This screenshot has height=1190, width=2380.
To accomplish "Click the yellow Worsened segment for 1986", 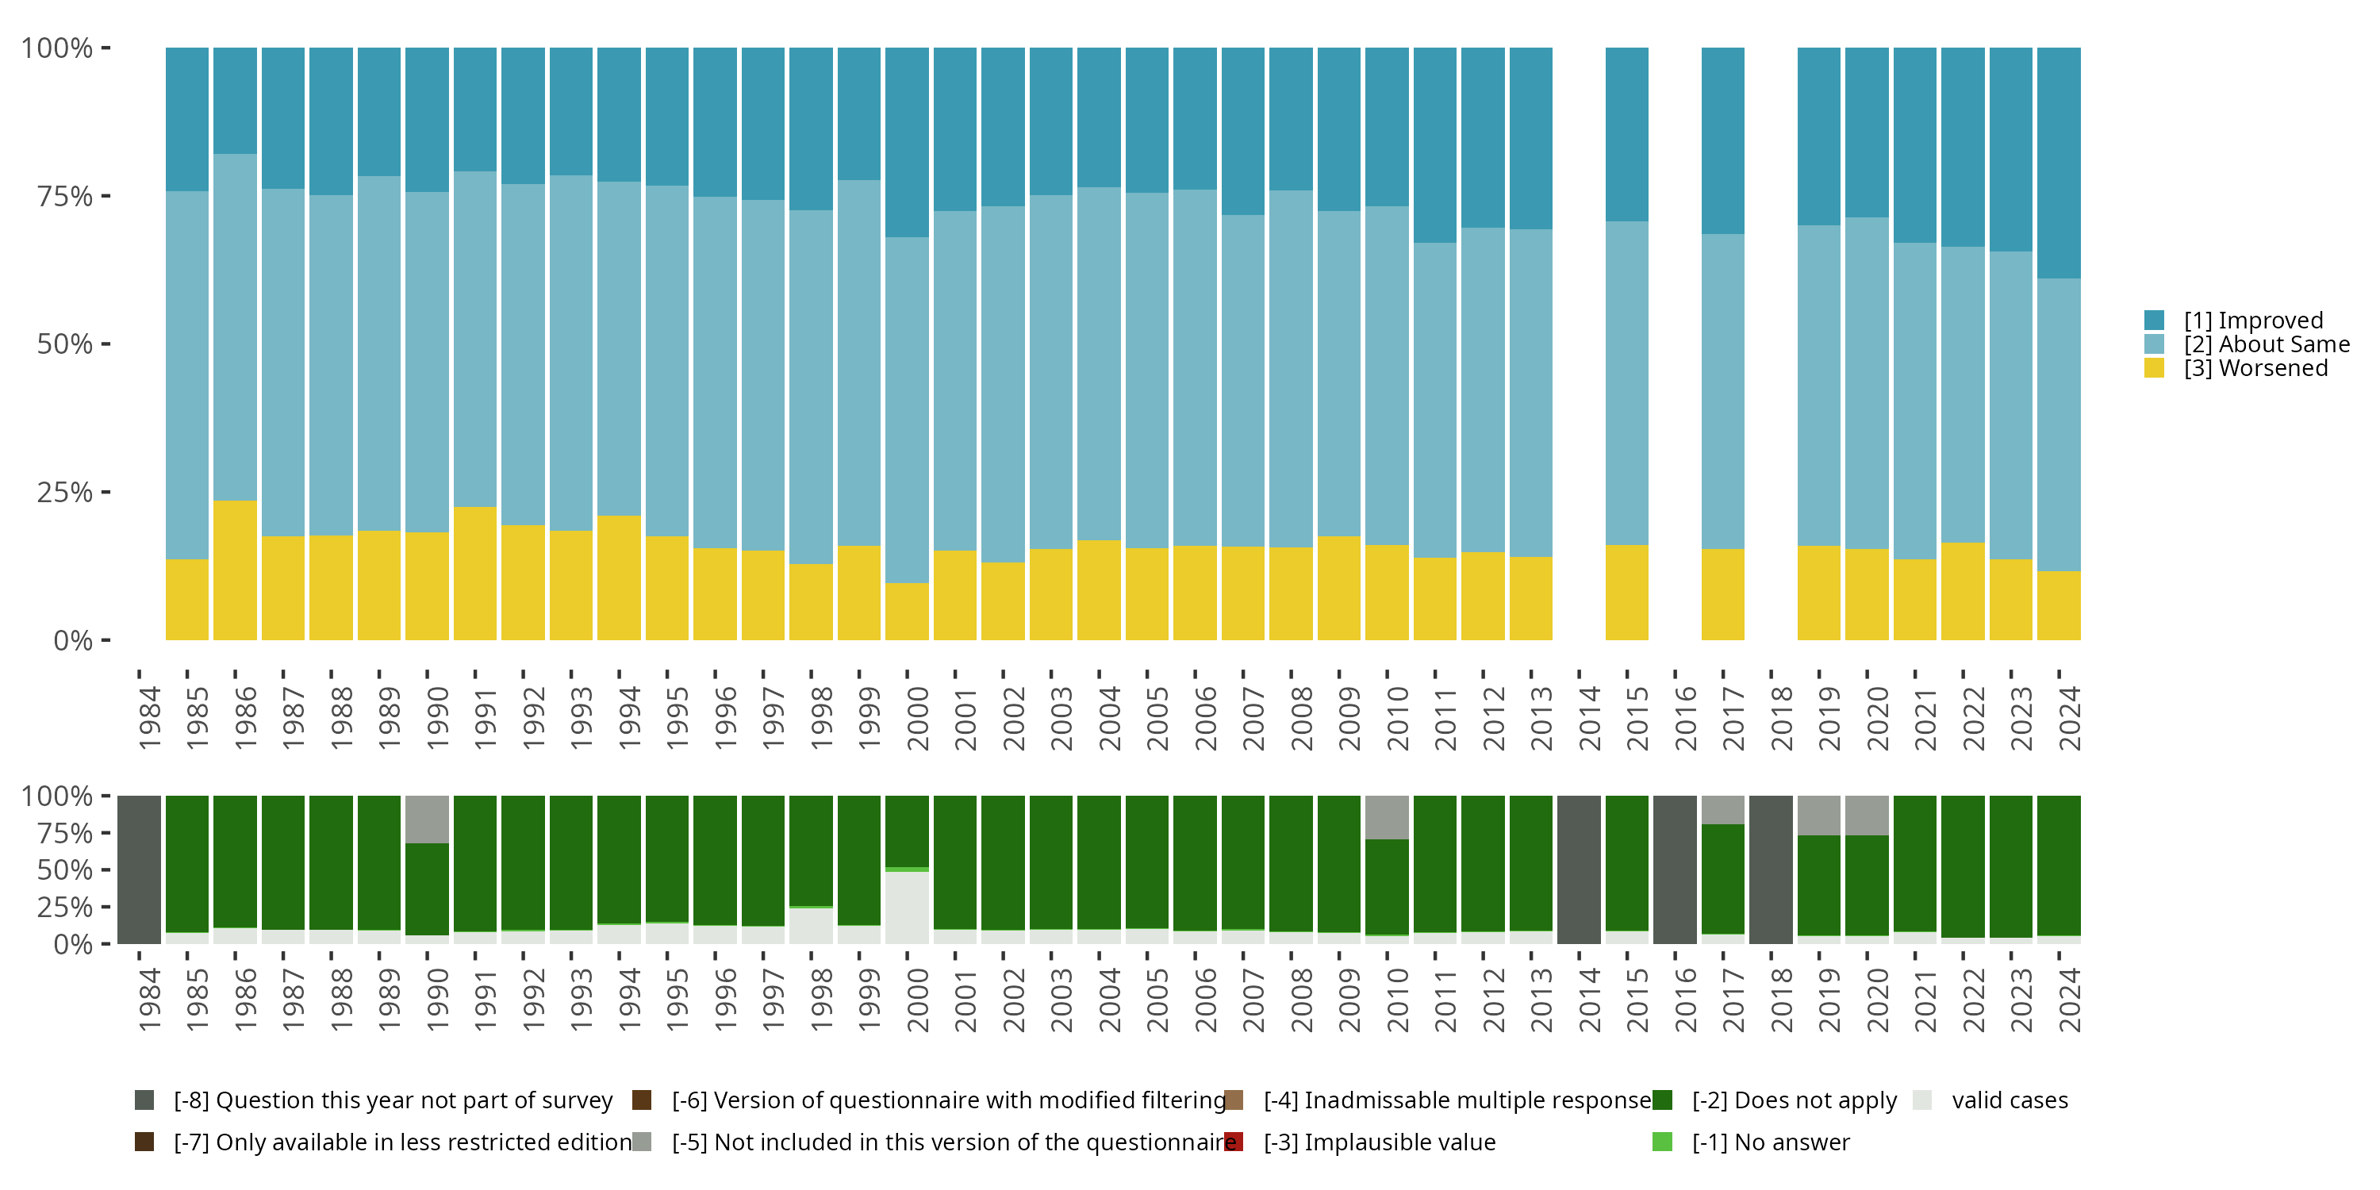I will (235, 570).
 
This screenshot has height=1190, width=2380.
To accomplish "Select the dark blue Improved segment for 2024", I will (2059, 163).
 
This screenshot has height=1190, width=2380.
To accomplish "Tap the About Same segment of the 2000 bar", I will (906, 409).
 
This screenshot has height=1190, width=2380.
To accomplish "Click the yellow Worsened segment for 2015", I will (1626, 593).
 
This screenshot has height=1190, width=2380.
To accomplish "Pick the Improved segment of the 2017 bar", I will (1722, 140).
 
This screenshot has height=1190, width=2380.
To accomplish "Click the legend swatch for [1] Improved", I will (2154, 321).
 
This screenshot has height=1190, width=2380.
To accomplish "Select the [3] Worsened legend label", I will (2255, 369).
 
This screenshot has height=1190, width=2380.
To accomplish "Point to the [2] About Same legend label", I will (2266, 344).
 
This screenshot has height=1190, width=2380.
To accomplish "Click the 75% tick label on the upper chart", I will (63, 196).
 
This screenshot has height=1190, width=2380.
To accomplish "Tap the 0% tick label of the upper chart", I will (72, 640).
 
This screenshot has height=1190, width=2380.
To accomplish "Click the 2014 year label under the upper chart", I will (1588, 718).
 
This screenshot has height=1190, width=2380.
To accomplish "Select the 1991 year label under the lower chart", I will (485, 1000).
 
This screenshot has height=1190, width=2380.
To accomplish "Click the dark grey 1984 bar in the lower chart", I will (139, 869).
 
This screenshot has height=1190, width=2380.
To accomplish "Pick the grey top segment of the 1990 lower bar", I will (427, 819).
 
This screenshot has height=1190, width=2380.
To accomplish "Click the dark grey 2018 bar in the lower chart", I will (1770, 869).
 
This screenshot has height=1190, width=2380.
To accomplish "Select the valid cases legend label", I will (2009, 1100).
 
